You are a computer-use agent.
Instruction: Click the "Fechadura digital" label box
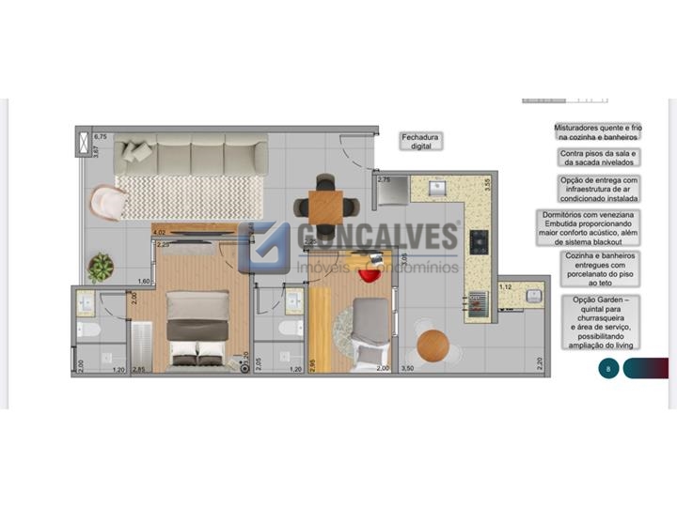[420, 141]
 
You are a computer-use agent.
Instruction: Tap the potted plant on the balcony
[101, 268]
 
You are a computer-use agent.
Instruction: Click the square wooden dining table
[325, 205]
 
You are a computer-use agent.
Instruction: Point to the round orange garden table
[433, 346]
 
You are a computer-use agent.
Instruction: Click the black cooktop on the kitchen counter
[479, 242]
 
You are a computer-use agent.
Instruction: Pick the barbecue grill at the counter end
[476, 302]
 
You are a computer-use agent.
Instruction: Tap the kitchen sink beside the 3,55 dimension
[436, 189]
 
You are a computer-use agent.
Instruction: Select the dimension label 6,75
[102, 137]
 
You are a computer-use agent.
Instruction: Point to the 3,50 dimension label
[407, 370]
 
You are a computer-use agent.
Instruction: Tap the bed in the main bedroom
[197, 325]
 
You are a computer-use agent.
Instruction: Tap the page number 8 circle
[608, 369]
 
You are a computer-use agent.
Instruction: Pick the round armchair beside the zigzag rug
[107, 203]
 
